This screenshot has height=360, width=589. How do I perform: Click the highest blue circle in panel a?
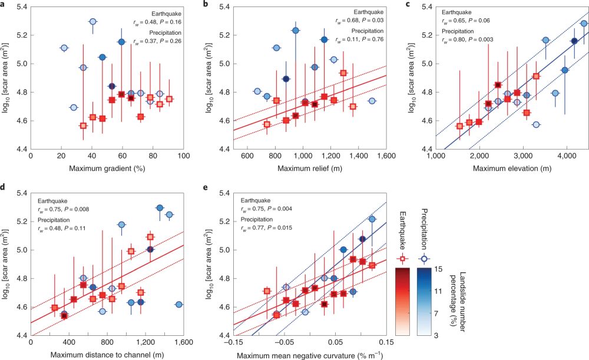point(92,22)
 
